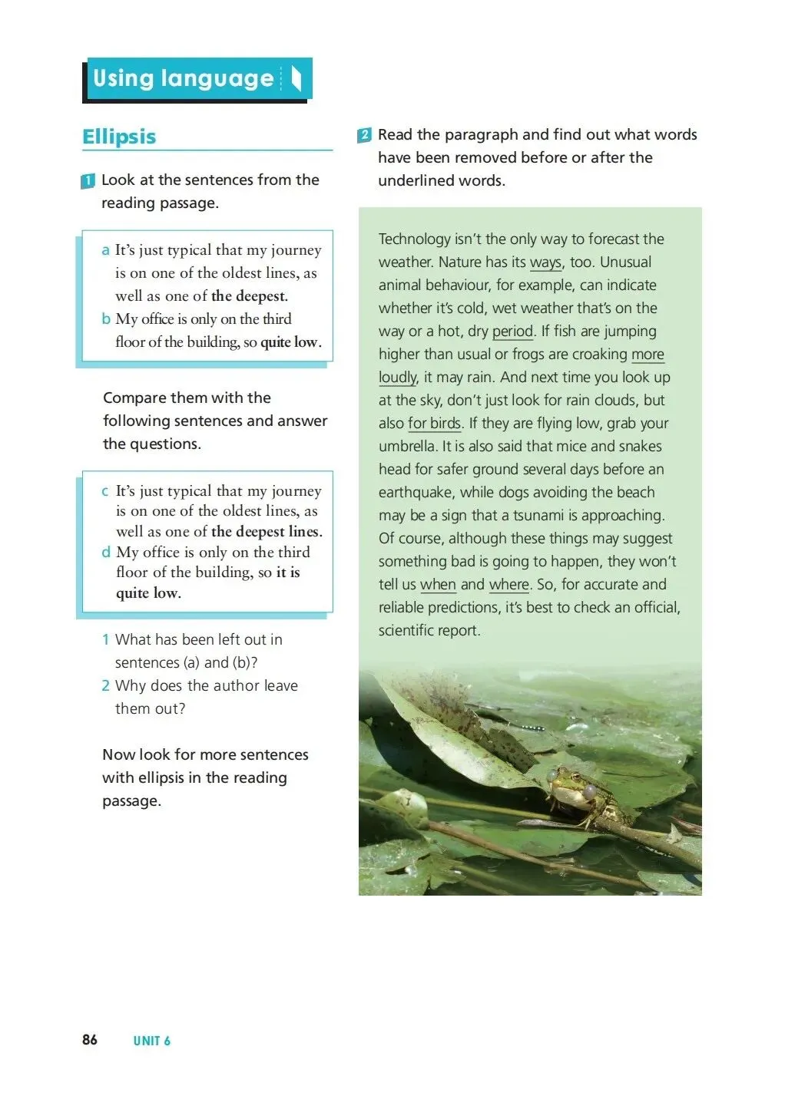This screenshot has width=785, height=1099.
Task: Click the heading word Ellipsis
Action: pyautogui.click(x=119, y=137)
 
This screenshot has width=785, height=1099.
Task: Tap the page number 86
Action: pyautogui.click(x=90, y=1039)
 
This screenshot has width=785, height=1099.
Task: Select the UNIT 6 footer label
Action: pyautogui.click(x=151, y=1041)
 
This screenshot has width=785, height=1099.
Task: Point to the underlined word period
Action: pyautogui.click(x=512, y=332)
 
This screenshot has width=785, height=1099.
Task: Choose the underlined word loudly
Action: pyautogui.click(x=398, y=378)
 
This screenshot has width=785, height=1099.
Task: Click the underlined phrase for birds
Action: pyautogui.click(x=434, y=424)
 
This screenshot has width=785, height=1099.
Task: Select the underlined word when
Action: pyautogui.click(x=438, y=585)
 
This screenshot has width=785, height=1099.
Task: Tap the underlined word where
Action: pyautogui.click(x=508, y=585)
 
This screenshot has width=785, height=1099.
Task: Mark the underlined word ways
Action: pyautogui.click(x=545, y=262)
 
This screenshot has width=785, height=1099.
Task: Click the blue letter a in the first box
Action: pyautogui.click(x=105, y=250)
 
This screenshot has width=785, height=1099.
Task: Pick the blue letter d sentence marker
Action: pyautogui.click(x=106, y=552)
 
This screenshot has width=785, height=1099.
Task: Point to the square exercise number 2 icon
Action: pyautogui.click(x=364, y=135)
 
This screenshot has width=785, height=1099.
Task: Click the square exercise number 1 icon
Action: pyautogui.click(x=88, y=181)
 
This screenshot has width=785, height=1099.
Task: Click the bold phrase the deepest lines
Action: pyautogui.click(x=266, y=532)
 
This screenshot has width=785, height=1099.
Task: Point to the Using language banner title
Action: pyautogui.click(x=184, y=78)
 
